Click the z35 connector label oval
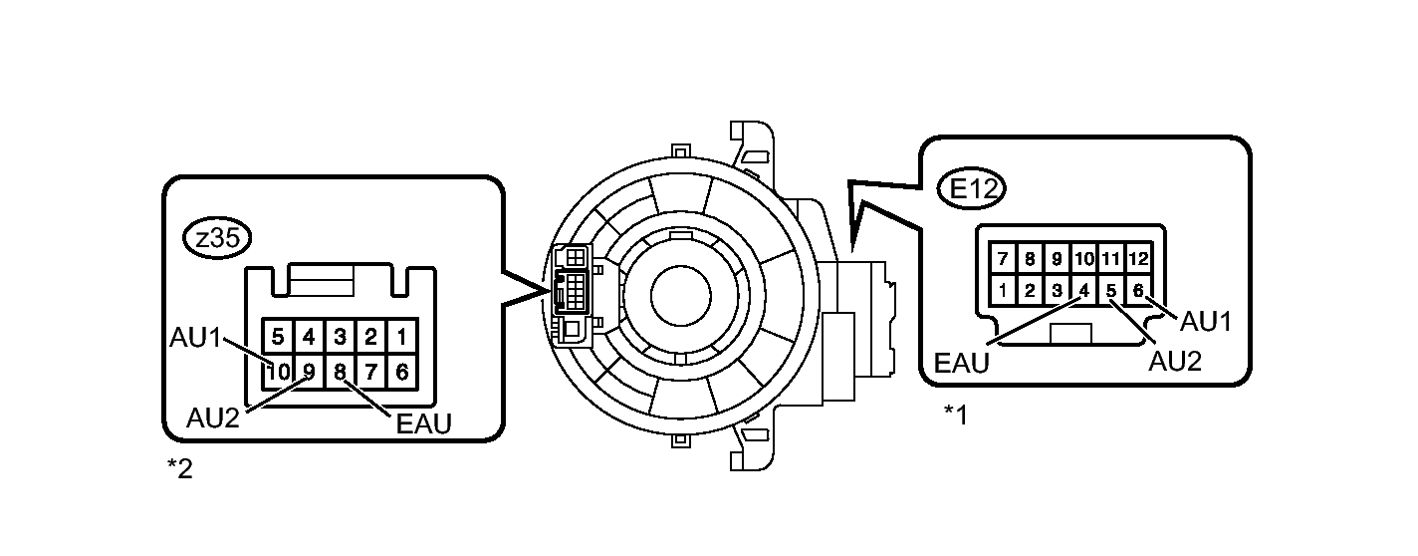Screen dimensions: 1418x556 click(x=217, y=239)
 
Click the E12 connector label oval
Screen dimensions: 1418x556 click(x=971, y=188)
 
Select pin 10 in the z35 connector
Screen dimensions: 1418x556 click(x=278, y=372)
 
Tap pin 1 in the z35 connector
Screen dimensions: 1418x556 click(x=402, y=336)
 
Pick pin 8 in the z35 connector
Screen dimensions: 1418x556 click(x=340, y=372)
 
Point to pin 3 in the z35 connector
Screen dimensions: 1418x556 click(x=340, y=336)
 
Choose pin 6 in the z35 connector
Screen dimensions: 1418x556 click(x=402, y=372)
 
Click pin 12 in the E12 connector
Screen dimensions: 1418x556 click(x=1138, y=258)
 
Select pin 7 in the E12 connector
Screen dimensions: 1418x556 click(x=1003, y=258)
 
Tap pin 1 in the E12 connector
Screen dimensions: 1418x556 click(x=1003, y=291)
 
